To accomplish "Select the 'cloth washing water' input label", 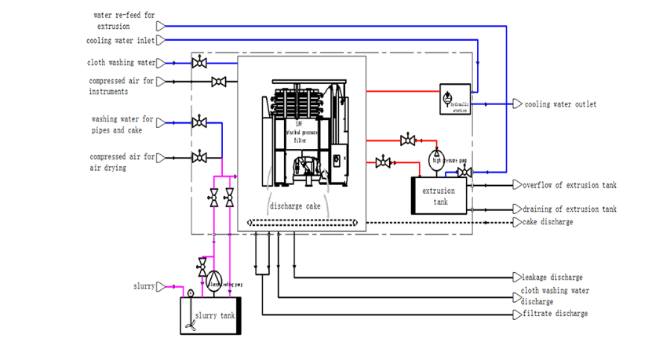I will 121,63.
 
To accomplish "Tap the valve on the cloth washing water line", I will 200,62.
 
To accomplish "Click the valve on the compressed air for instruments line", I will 220,82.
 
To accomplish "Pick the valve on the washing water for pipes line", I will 200,122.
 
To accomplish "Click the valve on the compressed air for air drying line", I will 200,158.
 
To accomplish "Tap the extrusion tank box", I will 439,195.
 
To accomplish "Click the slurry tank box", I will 211,315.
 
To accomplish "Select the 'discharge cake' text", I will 295,207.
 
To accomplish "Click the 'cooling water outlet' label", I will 560,104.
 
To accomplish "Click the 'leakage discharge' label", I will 552,277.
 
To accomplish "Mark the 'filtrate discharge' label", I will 554,314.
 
